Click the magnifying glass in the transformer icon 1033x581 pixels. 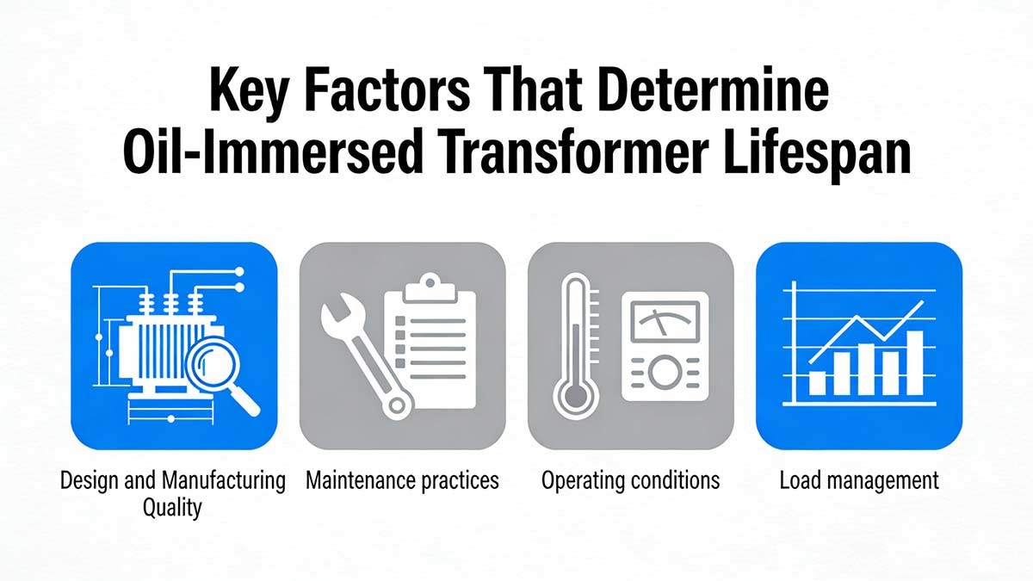[x=226, y=372]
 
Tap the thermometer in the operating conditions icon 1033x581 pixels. [x=574, y=344]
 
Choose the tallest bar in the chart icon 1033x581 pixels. [x=914, y=362]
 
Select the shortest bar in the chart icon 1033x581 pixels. [x=817, y=383]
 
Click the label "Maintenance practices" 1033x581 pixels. [x=402, y=480]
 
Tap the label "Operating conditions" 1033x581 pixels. [x=630, y=480]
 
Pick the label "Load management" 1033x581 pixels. [x=858, y=480]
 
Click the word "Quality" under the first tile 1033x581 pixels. [x=171, y=506]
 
